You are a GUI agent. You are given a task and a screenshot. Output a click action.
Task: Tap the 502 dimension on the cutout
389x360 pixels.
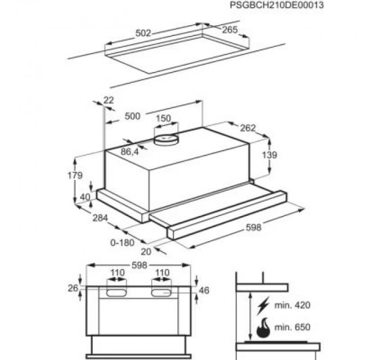coord(143,33)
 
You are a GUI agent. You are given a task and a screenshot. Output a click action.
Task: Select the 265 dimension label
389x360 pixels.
coord(229,30)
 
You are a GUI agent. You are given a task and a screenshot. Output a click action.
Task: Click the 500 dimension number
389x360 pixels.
coord(132,116)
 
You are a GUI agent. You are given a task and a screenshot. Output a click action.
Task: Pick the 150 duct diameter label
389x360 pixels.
coord(164,118)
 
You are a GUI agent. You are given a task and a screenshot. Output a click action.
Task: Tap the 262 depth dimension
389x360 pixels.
coord(248,127)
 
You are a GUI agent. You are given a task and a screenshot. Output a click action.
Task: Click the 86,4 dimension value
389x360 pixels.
coord(130,152)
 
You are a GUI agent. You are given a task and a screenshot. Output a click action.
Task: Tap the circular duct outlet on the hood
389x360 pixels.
coord(166,138)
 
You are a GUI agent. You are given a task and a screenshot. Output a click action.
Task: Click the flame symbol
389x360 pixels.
coord(263,327)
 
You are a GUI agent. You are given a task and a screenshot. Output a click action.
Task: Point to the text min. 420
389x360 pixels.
coord(293,305)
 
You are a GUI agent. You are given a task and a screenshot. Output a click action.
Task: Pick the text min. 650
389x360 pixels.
coord(293,327)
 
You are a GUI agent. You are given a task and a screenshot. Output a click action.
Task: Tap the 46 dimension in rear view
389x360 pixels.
coord(204,290)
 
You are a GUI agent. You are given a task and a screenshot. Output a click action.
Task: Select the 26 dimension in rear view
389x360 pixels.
coord(72,288)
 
